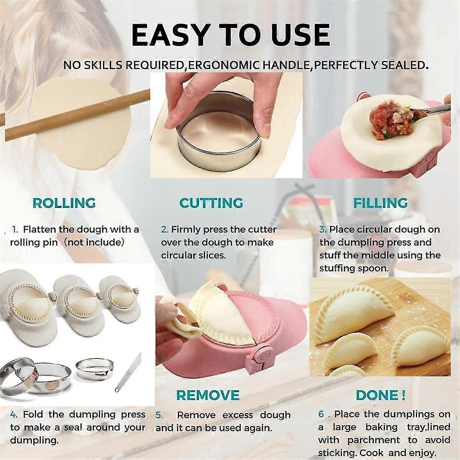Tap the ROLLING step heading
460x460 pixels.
pyautogui.click(x=64, y=203)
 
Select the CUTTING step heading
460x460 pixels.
pyautogui.click(x=211, y=203)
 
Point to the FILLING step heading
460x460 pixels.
pyautogui.click(x=380, y=203)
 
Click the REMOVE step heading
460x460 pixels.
pyautogui.click(x=208, y=395)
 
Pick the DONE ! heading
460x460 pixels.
pyautogui.click(x=380, y=395)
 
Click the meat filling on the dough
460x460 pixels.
pyautogui.click(x=387, y=119)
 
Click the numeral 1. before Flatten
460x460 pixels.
pyautogui.click(x=15, y=230)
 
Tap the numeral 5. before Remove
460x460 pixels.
pyautogui.click(x=159, y=415)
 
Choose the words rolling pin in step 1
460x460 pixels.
pyautogui.click(x=34, y=243)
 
